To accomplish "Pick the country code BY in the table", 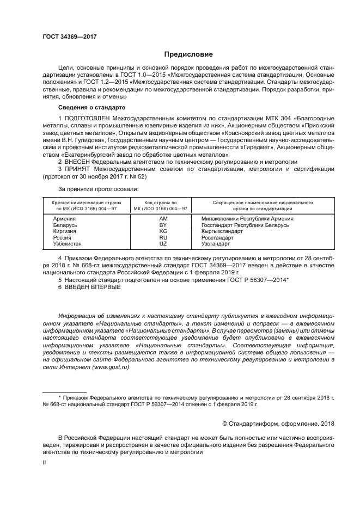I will point(162,224).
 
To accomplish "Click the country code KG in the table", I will point(162,231).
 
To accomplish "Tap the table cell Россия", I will point(62,238).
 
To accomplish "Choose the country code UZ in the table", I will point(162,244).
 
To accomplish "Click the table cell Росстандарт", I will point(217,238).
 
